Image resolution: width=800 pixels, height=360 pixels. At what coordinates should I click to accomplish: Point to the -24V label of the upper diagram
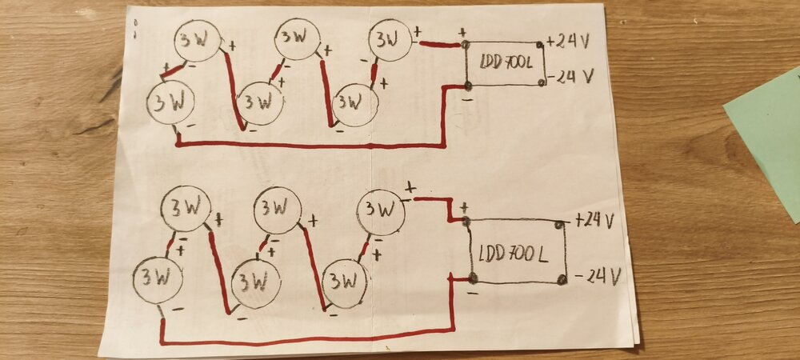571,78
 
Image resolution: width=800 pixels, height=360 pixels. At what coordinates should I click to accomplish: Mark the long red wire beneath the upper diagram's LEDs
312,146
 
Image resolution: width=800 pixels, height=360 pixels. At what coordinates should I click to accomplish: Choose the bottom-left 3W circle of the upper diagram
171,104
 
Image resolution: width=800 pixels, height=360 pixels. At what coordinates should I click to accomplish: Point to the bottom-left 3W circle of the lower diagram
158,278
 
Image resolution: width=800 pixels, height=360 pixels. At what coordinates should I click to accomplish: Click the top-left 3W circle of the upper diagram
197,42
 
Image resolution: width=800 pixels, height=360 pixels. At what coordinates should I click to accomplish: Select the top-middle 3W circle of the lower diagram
277,210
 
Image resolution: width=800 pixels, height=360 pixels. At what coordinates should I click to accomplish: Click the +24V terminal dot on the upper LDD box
542,43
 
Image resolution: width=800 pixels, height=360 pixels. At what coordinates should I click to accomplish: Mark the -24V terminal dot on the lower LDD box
562,279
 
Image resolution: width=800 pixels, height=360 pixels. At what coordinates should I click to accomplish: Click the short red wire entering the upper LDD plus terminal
438,45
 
